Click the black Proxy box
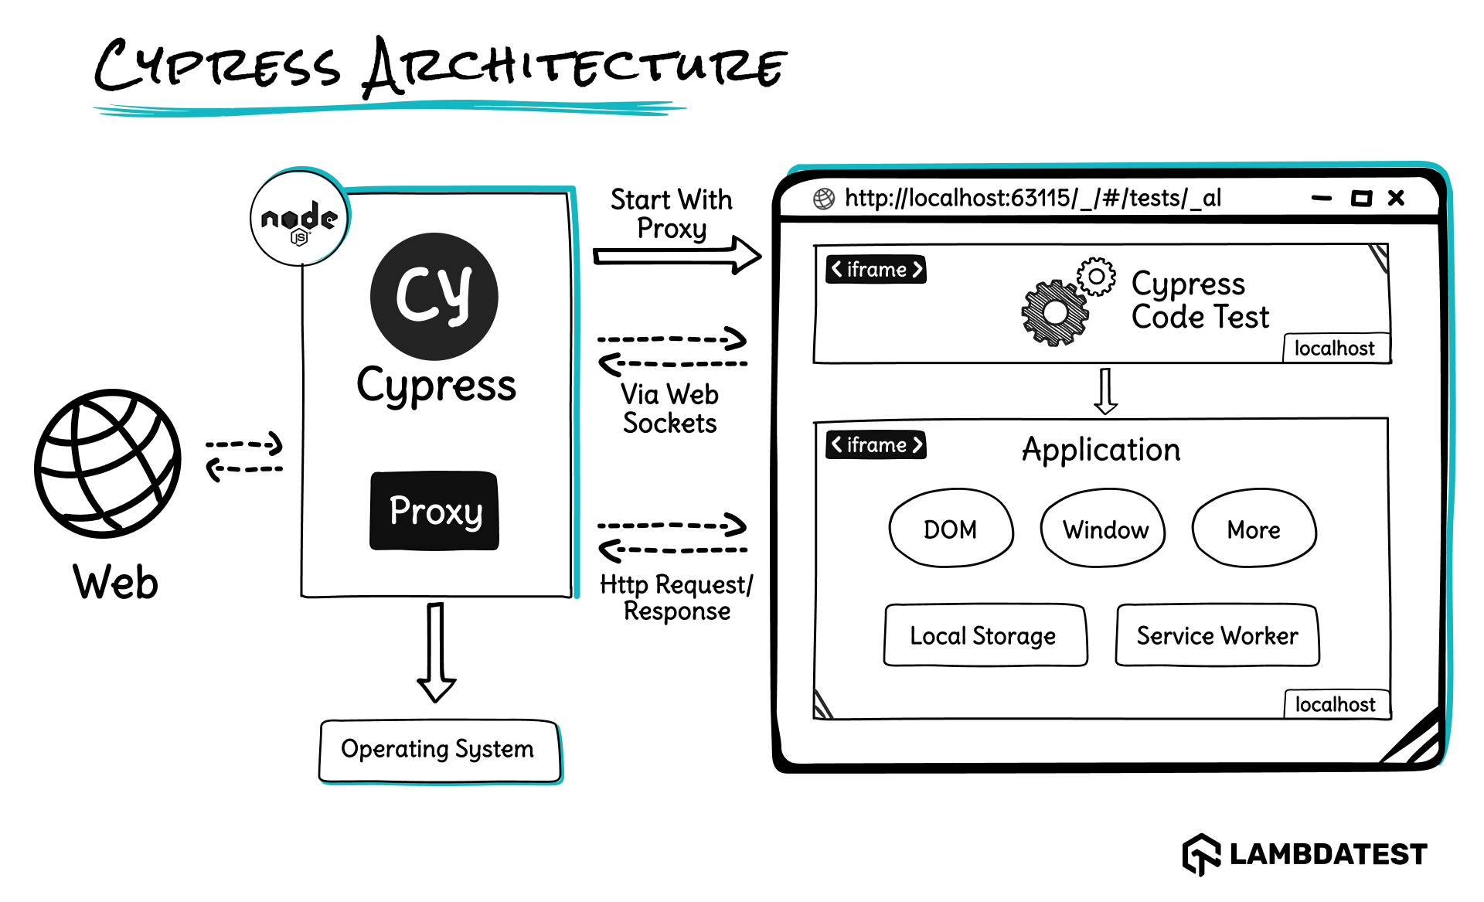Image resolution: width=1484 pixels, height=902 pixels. pyautogui.click(x=434, y=511)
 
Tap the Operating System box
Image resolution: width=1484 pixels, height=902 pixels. pyautogui.click(x=438, y=751)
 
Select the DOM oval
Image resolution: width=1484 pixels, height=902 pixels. pyautogui.click(x=951, y=529)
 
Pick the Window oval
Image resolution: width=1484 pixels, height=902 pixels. pyautogui.click(x=1104, y=529)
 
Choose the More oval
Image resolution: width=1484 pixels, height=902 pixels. pyautogui.click(x=1254, y=529)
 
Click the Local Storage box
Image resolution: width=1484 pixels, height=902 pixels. pyautogui.click(x=985, y=635)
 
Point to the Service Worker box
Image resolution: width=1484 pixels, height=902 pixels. pyautogui.click(x=1217, y=635)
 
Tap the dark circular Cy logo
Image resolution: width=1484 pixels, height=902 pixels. pyautogui.click(x=434, y=296)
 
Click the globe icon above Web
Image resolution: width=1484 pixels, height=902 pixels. pyautogui.click(x=107, y=463)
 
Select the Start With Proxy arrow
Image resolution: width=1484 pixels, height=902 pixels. pyautogui.click(x=676, y=256)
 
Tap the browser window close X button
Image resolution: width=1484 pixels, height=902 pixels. pyautogui.click(x=1396, y=198)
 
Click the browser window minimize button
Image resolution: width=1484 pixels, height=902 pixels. pyautogui.click(x=1322, y=199)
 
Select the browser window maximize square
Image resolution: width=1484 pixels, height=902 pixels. pyautogui.click(x=1361, y=199)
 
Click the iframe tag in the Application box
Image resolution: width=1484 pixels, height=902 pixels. pyautogui.click(x=876, y=445)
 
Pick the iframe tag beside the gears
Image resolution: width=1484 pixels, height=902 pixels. pyautogui.click(x=876, y=270)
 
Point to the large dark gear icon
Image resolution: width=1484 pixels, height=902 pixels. pyautogui.click(x=1054, y=312)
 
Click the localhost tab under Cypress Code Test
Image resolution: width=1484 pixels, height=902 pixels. pyautogui.click(x=1335, y=349)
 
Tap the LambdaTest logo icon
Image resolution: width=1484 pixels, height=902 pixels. pyautogui.click(x=1200, y=854)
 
